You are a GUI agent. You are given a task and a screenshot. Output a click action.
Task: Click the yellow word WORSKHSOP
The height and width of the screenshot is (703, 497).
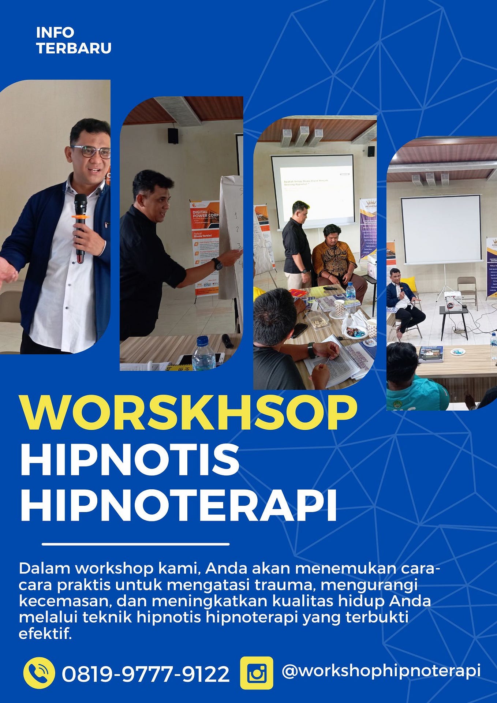[x=188, y=412]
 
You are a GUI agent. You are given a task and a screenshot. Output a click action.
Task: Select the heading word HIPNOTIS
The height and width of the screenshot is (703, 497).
[x=130, y=459]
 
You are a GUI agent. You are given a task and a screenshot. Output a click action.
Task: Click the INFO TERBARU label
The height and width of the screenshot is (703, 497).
[x=74, y=41]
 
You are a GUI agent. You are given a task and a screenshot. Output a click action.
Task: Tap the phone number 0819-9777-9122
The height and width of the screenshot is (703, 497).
[x=145, y=674]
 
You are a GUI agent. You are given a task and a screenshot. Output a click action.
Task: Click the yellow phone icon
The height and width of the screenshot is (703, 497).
[x=39, y=673]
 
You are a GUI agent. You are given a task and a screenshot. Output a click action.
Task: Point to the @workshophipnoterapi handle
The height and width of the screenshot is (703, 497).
[x=381, y=670]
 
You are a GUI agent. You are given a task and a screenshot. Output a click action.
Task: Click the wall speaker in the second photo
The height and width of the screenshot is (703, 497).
[x=173, y=136]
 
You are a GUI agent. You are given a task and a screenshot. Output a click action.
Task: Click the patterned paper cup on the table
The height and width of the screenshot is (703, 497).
[x=339, y=307]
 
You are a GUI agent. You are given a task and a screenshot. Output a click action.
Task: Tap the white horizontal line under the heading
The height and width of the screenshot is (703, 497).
[x=135, y=544]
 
